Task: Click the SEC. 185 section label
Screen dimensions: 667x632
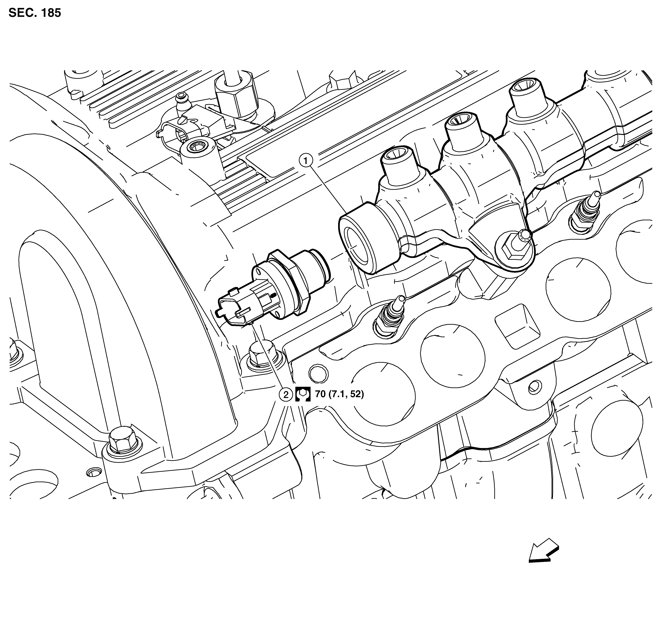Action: [x=35, y=13]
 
